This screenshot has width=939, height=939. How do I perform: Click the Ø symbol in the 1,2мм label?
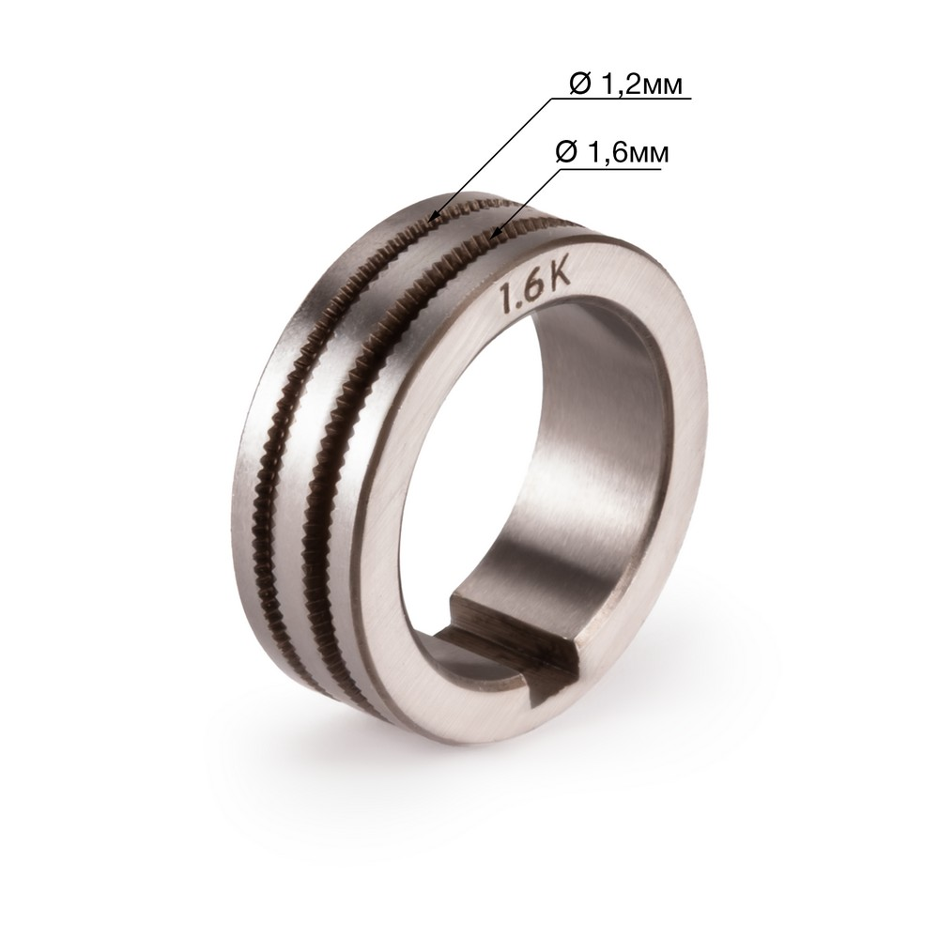tap(579, 85)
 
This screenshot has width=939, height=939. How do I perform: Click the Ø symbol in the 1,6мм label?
tap(566, 152)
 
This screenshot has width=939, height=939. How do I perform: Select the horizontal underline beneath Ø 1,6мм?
tap(610, 169)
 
